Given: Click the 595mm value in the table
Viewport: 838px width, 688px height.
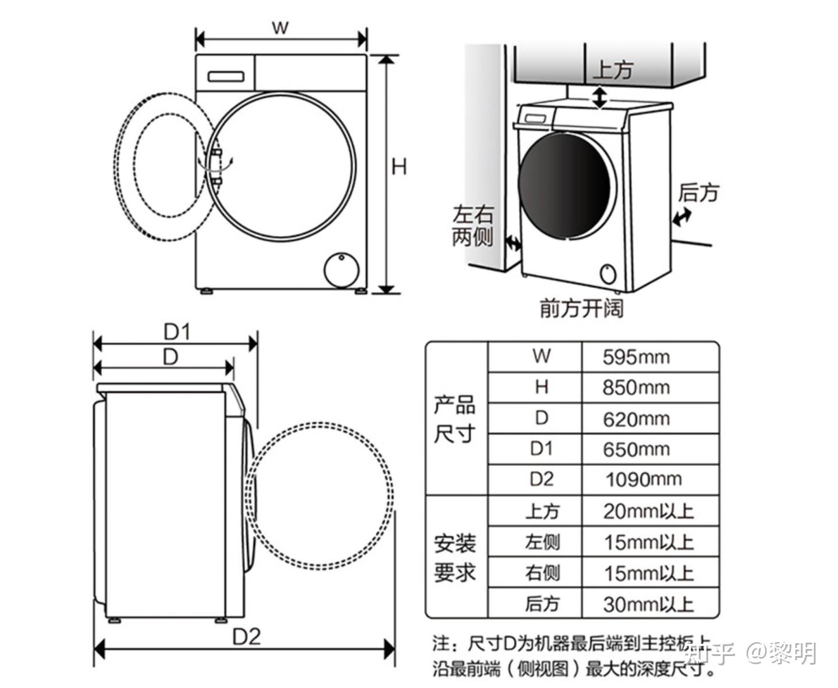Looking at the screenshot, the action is coord(636,357).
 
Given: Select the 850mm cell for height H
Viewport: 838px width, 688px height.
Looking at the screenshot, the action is coord(636,387).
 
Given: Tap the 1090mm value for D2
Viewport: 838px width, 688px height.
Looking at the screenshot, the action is coord(643,480).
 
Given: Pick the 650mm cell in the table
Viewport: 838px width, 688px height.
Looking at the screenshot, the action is coord(636,449).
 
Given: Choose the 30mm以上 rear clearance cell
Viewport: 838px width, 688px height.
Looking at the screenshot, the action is coord(648,604).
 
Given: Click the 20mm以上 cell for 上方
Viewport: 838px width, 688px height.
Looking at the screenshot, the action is coord(648,511).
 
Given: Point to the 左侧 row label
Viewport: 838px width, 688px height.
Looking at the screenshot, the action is coord(542,542).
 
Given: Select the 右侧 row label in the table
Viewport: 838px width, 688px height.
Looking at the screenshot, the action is coord(542,573).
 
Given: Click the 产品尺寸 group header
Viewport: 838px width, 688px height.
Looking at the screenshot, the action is coord(455,419).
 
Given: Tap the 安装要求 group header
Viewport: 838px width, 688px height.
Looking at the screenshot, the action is coord(455,558).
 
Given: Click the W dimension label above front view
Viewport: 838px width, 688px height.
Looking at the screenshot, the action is coord(280,27).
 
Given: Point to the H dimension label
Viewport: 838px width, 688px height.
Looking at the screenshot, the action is coord(399,167).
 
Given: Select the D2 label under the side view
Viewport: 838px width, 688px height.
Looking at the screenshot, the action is coord(246,637).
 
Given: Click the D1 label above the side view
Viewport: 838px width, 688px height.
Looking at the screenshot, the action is coord(177,332).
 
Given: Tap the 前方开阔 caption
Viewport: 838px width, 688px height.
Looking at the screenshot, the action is coord(581,308).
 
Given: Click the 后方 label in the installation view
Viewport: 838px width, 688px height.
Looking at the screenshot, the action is coord(698,193).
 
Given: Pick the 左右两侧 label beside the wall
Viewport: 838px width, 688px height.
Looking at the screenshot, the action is coord(473,226).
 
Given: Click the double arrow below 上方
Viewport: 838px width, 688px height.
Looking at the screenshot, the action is coord(600,97).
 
